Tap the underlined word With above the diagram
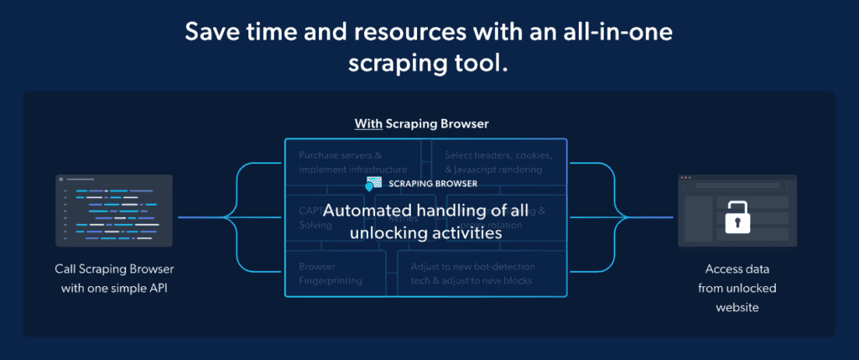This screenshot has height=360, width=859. [368, 124]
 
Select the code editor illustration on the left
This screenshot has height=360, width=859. [114, 210]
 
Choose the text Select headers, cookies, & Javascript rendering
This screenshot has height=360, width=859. [498, 162]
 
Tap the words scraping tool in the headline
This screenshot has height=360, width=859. [429, 63]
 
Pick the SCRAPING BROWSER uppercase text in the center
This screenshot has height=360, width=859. [433, 183]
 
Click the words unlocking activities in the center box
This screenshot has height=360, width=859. [426, 234]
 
